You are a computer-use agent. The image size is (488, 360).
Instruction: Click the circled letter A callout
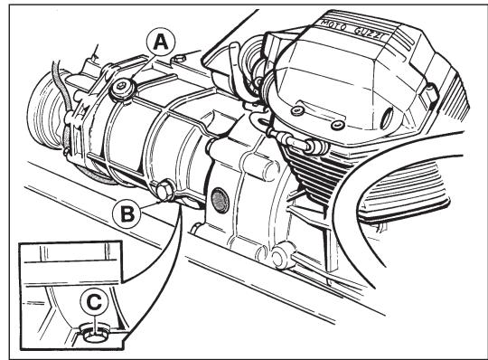160,40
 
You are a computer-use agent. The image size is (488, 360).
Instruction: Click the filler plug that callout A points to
118,90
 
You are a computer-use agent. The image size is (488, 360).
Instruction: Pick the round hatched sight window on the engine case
217,199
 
